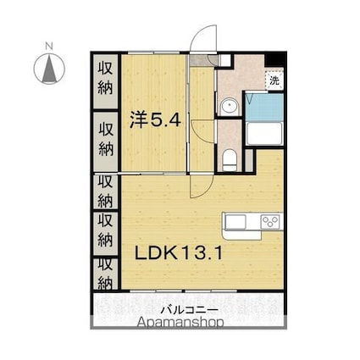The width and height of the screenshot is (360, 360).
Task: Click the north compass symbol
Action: [x=49, y=69]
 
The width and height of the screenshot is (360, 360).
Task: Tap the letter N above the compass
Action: [x=49, y=46]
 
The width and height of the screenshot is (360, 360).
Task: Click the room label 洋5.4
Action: [x=155, y=119]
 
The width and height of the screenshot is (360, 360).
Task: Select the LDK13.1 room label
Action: [x=179, y=252]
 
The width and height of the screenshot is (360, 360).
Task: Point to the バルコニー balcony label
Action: [x=189, y=310]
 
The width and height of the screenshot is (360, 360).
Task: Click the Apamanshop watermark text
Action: [x=180, y=322]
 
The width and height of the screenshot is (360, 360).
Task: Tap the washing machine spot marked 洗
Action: [x=274, y=80]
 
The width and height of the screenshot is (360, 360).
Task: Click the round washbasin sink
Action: [x=230, y=107]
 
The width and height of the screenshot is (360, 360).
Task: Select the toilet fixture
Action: [x=230, y=161]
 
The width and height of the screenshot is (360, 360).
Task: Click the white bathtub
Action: [x=264, y=134]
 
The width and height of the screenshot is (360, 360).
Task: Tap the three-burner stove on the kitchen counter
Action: [x=270, y=221]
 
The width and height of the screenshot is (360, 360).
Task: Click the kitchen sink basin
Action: [x=235, y=221]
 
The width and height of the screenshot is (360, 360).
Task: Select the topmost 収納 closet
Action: [x=106, y=80]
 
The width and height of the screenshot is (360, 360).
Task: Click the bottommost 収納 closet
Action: [x=106, y=274]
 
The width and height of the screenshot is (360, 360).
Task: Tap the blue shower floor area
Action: [x=264, y=107]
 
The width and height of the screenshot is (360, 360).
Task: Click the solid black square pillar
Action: [x=275, y=59]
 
